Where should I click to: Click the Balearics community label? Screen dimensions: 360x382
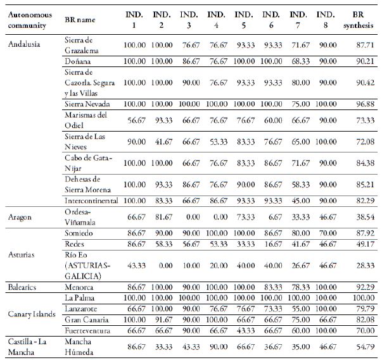(22, 287)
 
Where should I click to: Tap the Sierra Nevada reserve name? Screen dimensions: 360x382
(88, 102)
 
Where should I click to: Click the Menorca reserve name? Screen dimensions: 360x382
(79, 287)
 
